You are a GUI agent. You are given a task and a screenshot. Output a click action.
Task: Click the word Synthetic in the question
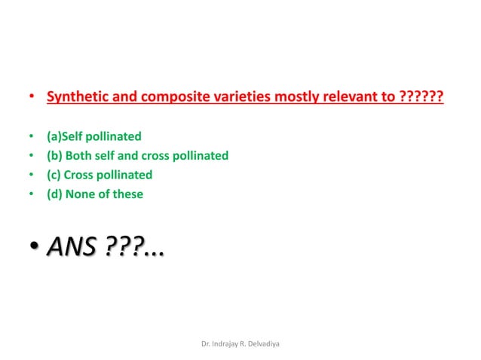click(x=73, y=98)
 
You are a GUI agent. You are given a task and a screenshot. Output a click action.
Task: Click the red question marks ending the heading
click(x=420, y=98)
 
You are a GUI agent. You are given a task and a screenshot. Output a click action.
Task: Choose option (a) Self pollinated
click(x=93, y=137)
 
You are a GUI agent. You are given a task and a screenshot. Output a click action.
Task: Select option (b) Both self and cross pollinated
click(x=137, y=156)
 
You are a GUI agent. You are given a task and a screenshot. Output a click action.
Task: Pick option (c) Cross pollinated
click(x=99, y=175)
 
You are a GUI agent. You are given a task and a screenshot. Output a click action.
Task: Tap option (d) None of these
click(x=94, y=194)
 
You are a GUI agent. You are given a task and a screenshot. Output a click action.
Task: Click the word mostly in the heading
click(x=282, y=98)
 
